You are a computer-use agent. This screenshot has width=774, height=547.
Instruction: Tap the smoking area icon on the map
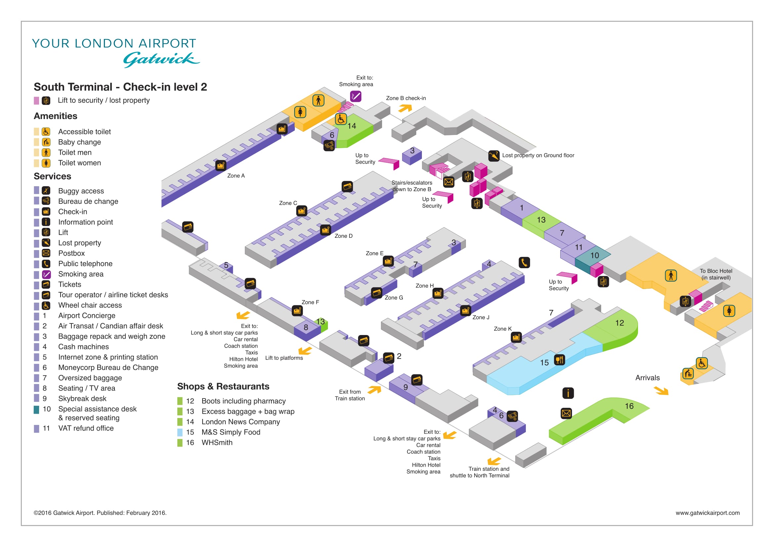356,97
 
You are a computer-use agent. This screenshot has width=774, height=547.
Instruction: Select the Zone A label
236,176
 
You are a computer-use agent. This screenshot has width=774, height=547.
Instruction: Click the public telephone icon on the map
524,262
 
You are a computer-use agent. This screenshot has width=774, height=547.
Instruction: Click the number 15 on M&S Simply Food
544,363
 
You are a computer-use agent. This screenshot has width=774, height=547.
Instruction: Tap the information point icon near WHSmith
568,393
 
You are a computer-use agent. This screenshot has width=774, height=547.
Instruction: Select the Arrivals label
647,378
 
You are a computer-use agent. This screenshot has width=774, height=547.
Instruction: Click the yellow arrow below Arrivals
661,391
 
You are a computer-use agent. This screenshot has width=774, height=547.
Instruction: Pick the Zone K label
503,329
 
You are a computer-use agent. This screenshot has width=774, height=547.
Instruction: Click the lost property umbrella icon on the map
494,156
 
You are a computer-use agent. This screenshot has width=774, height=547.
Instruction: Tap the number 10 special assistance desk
595,256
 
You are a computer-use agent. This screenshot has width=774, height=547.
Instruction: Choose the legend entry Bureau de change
88,201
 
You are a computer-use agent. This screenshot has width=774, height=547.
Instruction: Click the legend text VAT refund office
86,428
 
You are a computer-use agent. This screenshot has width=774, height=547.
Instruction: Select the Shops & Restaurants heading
223,387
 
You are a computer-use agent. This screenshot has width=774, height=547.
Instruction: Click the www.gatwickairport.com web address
707,513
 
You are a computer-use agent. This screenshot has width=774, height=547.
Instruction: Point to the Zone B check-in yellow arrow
405,108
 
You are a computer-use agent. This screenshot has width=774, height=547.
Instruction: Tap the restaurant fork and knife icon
560,360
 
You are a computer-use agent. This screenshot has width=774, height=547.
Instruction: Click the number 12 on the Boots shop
619,323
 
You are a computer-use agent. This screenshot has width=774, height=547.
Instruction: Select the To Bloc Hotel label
716,274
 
